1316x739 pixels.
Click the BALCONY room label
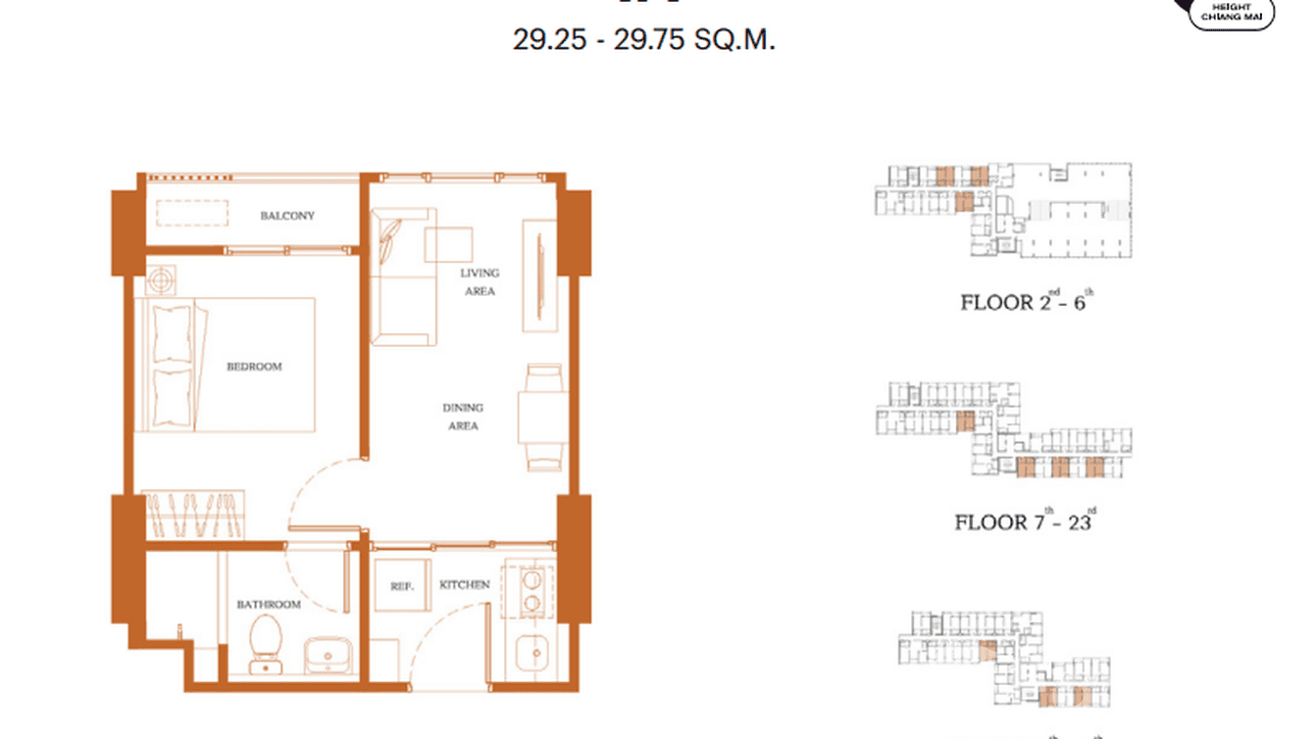click(287, 216)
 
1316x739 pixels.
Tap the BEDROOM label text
click(254, 367)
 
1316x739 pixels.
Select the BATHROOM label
click(268, 605)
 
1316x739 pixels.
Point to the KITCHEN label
click(464, 585)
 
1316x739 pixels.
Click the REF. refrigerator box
click(402, 586)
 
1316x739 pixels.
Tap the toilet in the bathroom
click(265, 642)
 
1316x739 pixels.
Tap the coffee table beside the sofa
click(448, 244)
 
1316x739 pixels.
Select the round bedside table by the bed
click(161, 280)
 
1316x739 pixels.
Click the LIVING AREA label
click(480, 282)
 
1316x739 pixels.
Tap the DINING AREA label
click(463, 417)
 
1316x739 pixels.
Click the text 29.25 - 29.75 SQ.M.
click(644, 41)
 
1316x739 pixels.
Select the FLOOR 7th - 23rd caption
click(1026, 520)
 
